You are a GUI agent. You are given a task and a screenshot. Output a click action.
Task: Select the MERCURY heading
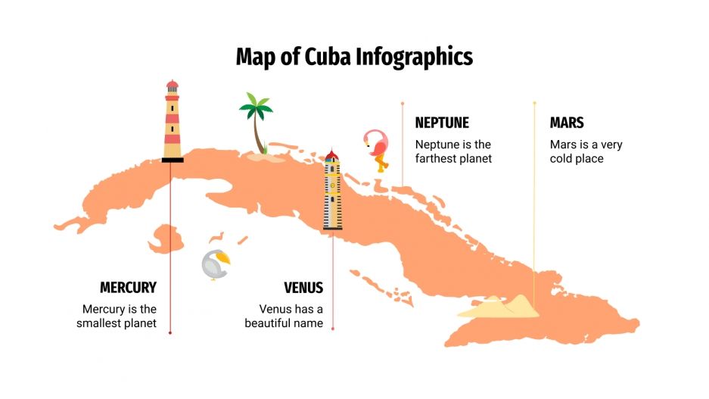click(x=128, y=288)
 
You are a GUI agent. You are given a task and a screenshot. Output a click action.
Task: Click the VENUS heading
click(x=303, y=288)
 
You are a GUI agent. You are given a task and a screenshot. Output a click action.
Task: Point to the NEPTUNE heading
click(x=442, y=123)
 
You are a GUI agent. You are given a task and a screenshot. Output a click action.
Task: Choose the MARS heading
click(x=567, y=123)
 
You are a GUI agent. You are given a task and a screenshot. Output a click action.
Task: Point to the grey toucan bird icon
click(x=215, y=265)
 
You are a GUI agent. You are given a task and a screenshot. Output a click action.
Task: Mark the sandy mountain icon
click(x=499, y=306)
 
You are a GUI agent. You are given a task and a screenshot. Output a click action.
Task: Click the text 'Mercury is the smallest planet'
click(x=120, y=316)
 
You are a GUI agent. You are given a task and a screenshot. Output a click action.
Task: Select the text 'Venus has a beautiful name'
click(x=285, y=316)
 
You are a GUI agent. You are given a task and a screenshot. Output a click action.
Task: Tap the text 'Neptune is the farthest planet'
click(x=453, y=151)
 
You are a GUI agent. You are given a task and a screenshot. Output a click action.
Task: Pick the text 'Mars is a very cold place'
click(x=586, y=151)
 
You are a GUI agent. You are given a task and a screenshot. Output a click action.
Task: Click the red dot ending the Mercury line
click(x=170, y=332)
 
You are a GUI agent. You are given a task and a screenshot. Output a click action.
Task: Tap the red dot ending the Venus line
click(x=332, y=329)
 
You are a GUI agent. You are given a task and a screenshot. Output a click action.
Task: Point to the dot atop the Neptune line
click(x=403, y=103)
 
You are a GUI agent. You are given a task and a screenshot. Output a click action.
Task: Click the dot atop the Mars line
click(x=534, y=102)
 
